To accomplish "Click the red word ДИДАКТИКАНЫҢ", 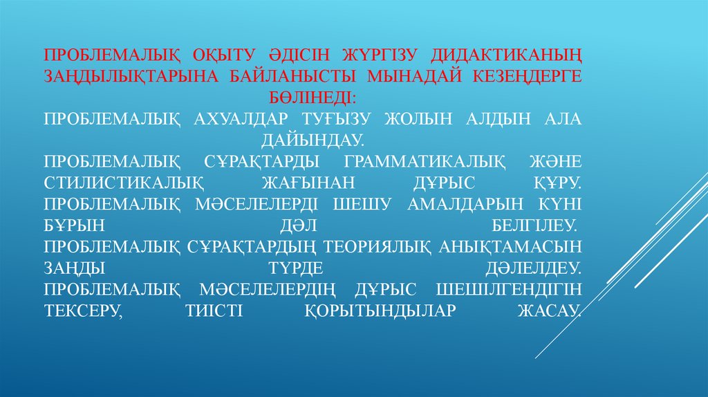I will click(x=507, y=54).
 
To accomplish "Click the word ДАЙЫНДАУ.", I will click(x=312, y=140).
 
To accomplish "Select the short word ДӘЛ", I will click(x=289, y=226).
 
